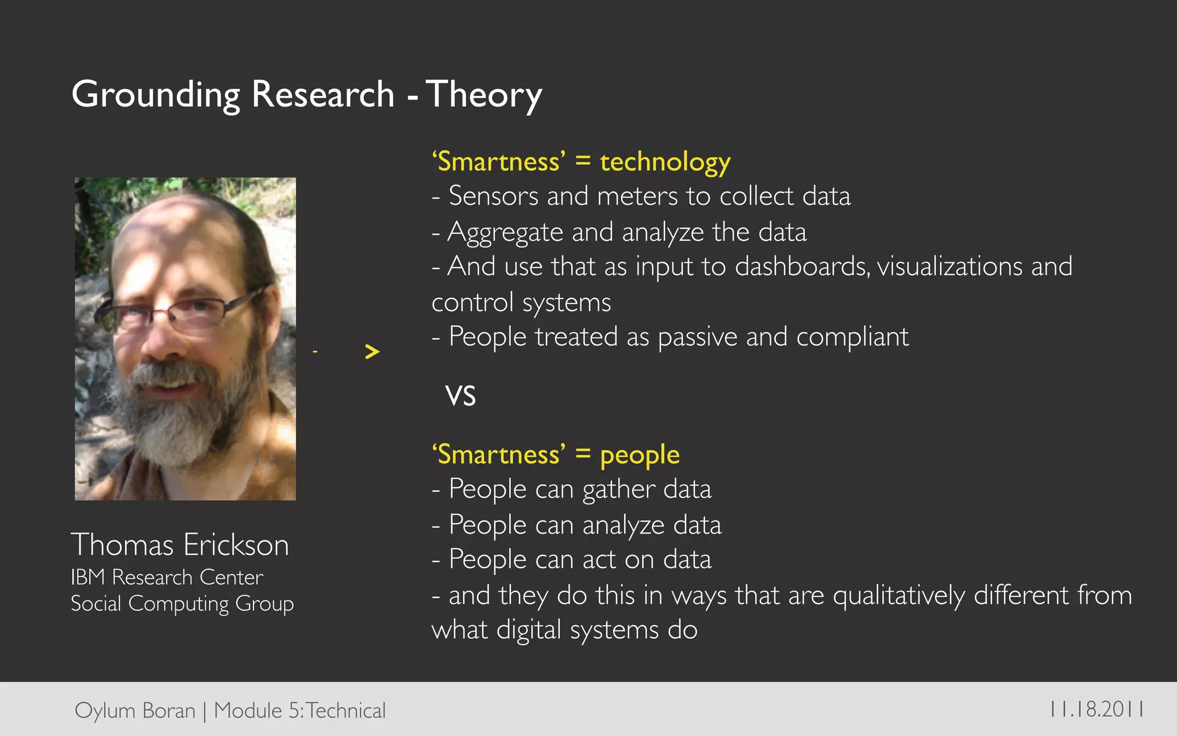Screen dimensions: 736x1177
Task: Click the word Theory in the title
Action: [x=484, y=95]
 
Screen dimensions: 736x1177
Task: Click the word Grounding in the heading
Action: [x=155, y=95]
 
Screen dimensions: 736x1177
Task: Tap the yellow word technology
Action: [x=665, y=162]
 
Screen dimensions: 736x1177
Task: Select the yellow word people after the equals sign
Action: [x=640, y=455]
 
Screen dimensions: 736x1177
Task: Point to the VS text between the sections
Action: [x=460, y=396]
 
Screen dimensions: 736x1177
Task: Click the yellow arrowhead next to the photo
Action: [x=372, y=351]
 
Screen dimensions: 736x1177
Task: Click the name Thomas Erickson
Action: [x=179, y=545]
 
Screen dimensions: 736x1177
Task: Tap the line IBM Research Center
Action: [x=167, y=577]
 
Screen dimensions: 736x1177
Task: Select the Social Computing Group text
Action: [x=182, y=604]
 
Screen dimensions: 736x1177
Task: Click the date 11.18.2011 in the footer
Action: [x=1096, y=709]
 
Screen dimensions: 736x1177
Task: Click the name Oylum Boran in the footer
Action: [x=135, y=711]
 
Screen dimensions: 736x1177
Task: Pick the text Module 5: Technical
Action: [x=299, y=711]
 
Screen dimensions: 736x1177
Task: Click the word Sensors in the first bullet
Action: [x=493, y=196]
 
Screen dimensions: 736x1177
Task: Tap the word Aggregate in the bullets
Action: [x=505, y=233]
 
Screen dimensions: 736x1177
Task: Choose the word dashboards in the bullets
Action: [x=802, y=267]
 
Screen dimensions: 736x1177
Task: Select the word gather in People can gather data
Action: [x=618, y=490]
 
